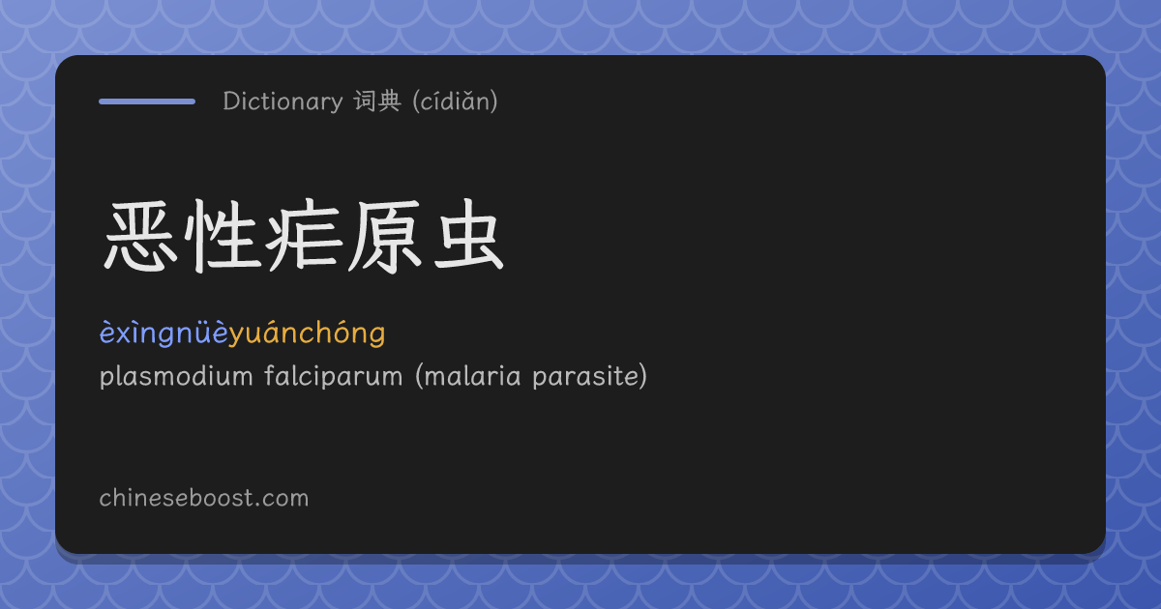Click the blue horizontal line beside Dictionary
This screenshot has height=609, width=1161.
point(147,101)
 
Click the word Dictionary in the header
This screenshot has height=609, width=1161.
point(283,101)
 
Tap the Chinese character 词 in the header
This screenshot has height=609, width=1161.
point(365,101)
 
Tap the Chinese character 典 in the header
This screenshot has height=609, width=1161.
point(389,101)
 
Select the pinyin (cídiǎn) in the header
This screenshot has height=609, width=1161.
point(455,101)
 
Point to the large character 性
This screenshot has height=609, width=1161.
point(223,236)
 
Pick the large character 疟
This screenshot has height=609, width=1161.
point(304,236)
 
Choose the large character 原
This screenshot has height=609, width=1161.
point(385,236)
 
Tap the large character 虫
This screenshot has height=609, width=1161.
point(468,235)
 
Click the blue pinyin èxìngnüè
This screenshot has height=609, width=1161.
point(164,333)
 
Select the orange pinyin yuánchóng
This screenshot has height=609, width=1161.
point(307,333)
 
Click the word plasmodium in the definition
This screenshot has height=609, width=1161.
point(176,376)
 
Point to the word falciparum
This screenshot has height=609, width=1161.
point(333,376)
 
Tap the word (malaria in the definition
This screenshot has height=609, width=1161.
point(467,376)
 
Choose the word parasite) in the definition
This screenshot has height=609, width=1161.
point(590,376)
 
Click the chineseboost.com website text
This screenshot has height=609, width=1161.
point(204,498)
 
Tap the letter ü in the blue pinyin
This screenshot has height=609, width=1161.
point(203,333)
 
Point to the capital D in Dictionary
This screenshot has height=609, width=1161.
point(231,101)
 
